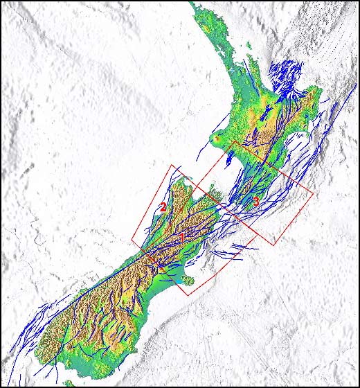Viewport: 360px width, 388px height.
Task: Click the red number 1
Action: point(182,238)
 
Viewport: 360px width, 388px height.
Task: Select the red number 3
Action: point(255,202)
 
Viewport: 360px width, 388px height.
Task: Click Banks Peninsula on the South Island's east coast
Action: point(186,280)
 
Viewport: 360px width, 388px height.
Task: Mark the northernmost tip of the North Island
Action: point(195,8)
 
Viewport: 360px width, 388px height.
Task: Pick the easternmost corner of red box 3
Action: point(313,193)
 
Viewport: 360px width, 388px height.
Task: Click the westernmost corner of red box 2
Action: point(132,241)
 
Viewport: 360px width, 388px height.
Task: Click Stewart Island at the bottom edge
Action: point(67,382)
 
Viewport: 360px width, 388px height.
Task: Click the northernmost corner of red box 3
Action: point(233,142)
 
